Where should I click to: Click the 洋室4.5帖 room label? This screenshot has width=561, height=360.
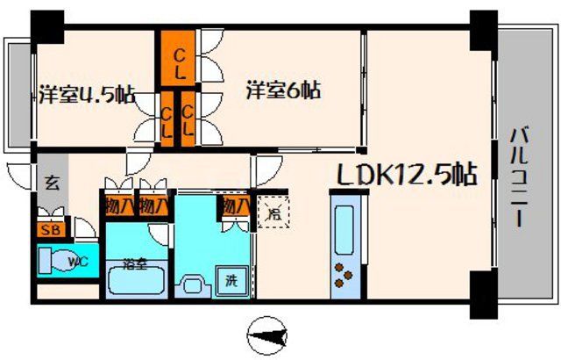86,95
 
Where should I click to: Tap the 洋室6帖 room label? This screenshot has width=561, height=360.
282,90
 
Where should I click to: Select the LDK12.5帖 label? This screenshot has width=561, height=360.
407,175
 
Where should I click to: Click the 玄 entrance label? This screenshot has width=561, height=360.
52,185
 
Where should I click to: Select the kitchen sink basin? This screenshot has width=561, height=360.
344,225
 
